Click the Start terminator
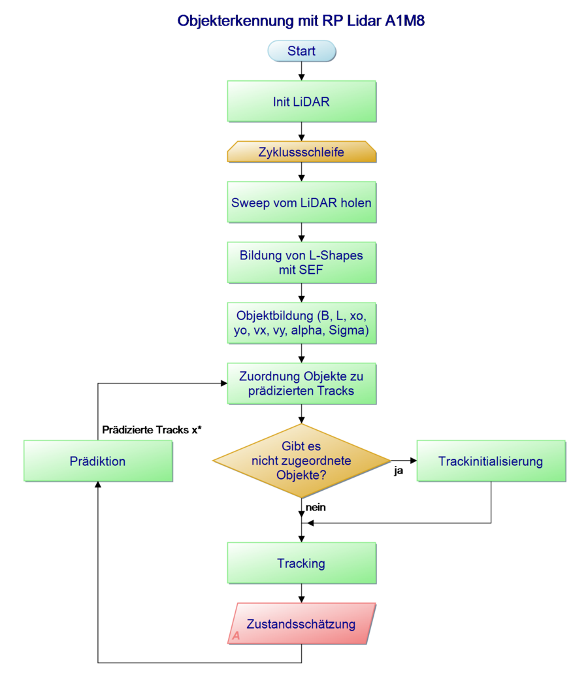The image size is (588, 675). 301,51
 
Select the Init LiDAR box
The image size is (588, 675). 301,101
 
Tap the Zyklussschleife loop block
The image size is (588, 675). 301,152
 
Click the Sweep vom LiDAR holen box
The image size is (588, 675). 301,203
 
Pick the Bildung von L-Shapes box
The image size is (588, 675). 301,262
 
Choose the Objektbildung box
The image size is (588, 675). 301,323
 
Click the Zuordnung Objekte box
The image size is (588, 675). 301,384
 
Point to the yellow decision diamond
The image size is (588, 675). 301,461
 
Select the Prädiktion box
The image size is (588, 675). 98,461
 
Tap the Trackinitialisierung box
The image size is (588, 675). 491,461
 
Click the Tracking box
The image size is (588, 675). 301,563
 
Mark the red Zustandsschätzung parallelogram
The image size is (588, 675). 301,623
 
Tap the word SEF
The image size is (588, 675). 310,270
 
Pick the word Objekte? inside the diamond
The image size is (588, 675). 301,475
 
